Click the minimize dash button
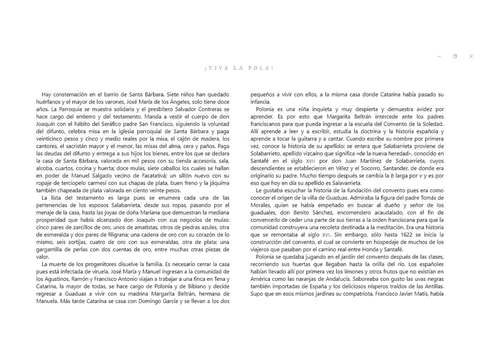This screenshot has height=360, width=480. [439, 56]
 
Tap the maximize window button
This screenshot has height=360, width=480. [455, 56]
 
